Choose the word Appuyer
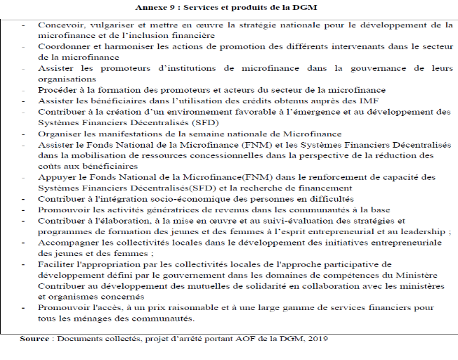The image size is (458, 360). (x=57, y=176)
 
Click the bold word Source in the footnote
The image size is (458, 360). (x=34, y=339)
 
